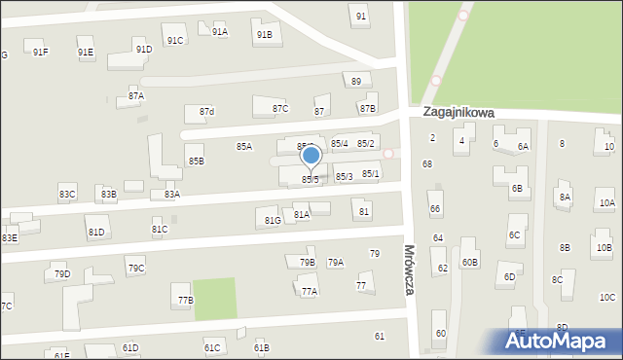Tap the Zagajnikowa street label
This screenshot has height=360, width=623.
point(458,113)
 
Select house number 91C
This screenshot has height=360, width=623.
point(175,40)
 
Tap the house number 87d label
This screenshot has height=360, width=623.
point(206,112)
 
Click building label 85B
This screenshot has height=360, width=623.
point(197,161)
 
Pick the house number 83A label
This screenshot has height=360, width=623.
point(171,195)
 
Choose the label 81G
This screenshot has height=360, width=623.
point(273,221)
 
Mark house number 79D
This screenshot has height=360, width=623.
point(62,274)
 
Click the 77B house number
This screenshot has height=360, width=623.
point(185,301)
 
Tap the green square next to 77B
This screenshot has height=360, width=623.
point(215,299)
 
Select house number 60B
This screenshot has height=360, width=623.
point(470,262)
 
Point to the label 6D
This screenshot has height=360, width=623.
point(509,277)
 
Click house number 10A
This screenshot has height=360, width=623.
point(606,203)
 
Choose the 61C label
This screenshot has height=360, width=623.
point(212,347)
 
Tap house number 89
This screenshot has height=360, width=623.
point(357,82)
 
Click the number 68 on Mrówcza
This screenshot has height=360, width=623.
point(426,164)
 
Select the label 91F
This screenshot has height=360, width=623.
point(40,53)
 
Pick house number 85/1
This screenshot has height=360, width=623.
point(371,174)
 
